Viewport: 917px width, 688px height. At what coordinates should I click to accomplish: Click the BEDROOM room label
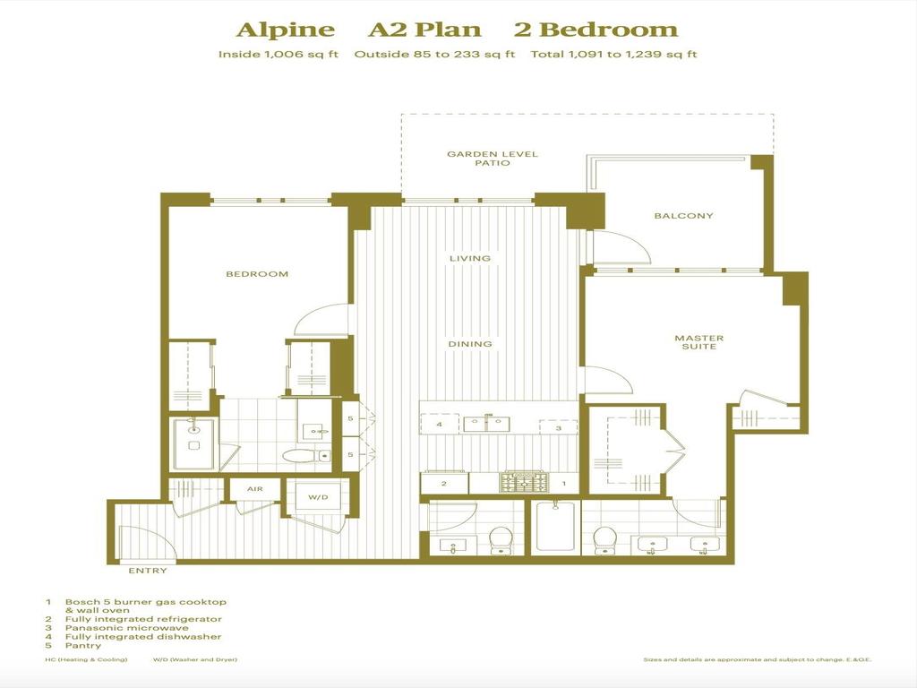257,274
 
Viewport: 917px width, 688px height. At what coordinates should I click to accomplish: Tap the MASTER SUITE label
698,342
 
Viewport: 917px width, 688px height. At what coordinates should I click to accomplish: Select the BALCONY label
683,216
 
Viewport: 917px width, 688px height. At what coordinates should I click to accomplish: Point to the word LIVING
470,259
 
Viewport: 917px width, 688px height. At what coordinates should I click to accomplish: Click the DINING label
470,344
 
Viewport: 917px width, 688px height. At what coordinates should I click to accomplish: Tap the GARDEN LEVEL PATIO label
493,159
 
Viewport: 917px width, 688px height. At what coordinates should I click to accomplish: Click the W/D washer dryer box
318,497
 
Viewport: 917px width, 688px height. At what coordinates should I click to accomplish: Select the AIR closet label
255,489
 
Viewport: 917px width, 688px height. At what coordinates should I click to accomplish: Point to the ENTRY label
148,571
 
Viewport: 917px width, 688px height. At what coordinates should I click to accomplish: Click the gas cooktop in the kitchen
523,483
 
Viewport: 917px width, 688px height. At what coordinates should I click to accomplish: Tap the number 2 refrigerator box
444,484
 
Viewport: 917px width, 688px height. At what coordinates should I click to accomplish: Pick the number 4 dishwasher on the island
440,424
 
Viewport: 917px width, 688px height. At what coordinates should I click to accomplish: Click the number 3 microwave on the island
559,427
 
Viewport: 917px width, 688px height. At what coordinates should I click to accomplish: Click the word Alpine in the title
286,30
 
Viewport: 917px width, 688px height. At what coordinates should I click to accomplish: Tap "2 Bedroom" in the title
596,30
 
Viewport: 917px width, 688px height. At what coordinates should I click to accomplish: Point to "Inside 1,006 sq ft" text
279,55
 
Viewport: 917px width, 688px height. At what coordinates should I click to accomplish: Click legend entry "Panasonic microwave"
127,628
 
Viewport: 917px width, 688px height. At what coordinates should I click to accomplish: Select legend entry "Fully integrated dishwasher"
143,637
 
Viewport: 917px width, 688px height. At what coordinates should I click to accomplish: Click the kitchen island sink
486,424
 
